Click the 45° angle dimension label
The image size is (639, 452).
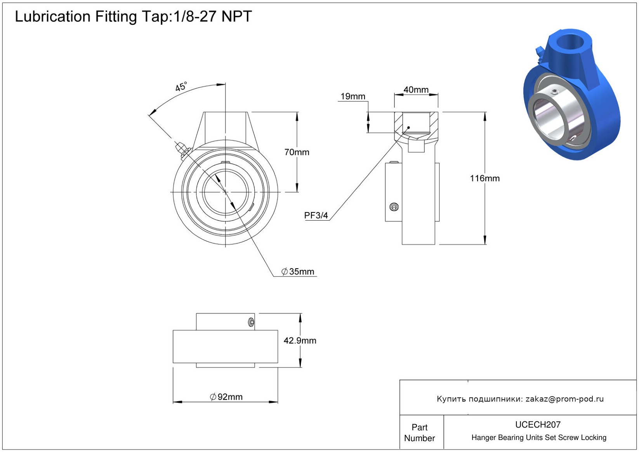[181, 86]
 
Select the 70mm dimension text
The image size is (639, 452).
[297, 152]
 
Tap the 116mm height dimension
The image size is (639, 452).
[484, 178]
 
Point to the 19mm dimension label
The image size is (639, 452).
[352, 96]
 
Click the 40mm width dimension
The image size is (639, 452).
[416, 90]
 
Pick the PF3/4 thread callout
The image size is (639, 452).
[316, 215]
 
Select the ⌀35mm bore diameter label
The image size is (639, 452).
[298, 271]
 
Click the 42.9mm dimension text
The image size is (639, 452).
[300, 340]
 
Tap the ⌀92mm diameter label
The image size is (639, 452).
[226, 397]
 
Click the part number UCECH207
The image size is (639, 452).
[538, 424]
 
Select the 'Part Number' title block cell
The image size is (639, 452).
[419, 433]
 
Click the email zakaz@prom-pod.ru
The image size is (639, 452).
[564, 399]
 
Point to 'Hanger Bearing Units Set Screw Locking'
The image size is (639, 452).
[538, 438]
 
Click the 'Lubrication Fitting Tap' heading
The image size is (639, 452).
[133, 17]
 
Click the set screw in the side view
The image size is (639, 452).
[394, 207]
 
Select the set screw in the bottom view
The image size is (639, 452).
[251, 322]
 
